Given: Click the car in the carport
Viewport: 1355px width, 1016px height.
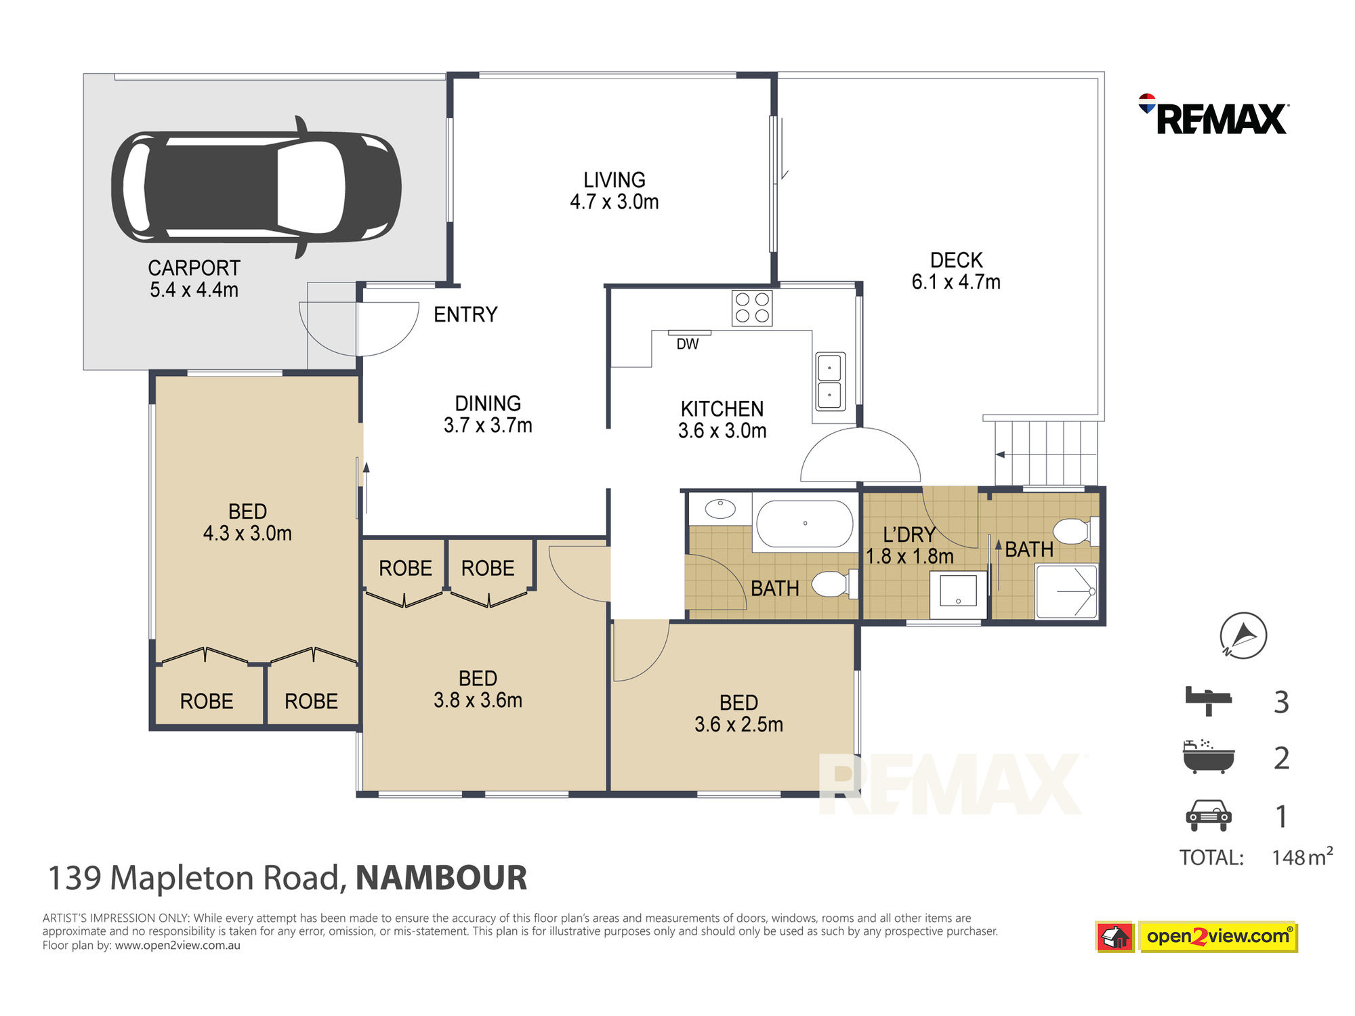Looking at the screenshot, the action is pos(256,187).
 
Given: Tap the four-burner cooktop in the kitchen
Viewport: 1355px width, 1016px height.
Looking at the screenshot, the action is pos(752,308).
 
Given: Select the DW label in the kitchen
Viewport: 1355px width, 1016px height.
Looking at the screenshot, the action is pos(687,344).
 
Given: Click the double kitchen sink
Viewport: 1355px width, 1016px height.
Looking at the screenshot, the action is pos(830,381).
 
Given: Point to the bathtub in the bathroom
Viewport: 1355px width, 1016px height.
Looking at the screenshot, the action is pos(804,524).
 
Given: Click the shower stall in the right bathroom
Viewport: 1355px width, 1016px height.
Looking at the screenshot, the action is pos(1066,591).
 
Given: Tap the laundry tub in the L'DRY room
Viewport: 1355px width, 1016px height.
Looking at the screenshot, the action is pos(958,594).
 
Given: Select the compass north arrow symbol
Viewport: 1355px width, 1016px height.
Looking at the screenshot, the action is pos(1243,635).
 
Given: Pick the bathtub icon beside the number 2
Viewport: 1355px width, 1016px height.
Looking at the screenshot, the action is pos(1209,757).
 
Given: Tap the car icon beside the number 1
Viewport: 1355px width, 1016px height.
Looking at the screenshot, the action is pos(1209,816).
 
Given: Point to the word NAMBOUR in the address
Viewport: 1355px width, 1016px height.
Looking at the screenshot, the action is pos(441,878).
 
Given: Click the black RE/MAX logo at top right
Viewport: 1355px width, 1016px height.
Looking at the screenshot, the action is pos(1213,115).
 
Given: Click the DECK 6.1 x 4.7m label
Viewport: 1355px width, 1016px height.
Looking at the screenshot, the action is pos(956,271).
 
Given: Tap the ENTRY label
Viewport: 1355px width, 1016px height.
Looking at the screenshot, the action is pos(465,314).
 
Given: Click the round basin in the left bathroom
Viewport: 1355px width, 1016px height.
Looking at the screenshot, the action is pos(720,509).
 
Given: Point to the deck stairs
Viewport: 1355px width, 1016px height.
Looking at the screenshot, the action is pos(1046,452).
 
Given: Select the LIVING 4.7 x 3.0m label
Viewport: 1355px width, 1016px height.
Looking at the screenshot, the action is pos(614,190).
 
